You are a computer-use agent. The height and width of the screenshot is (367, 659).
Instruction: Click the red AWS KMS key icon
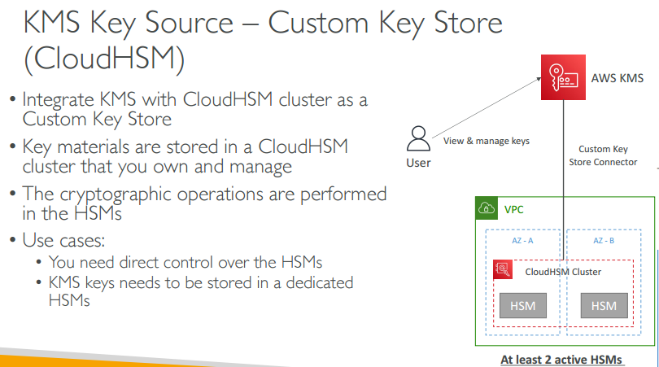pos(563,78)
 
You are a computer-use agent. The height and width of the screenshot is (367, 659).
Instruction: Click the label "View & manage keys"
pos(487,141)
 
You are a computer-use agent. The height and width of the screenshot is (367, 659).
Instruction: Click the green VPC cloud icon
pos(486,208)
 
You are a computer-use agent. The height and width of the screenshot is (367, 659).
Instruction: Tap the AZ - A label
pos(522,242)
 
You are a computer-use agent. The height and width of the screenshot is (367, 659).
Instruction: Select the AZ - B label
pos(603,242)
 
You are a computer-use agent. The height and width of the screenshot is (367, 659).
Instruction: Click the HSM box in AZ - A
pos(522,306)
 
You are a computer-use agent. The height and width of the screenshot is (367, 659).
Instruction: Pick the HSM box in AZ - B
pos(604,306)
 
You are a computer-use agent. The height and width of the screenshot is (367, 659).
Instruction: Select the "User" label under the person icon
pos(418,163)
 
